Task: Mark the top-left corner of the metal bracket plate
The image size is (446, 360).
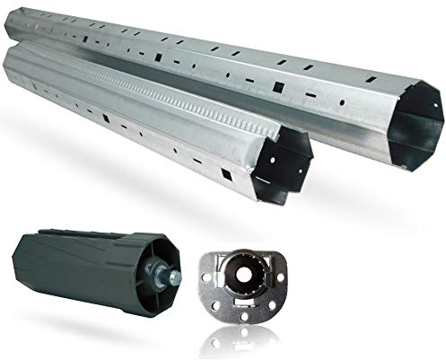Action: point(209,255)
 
